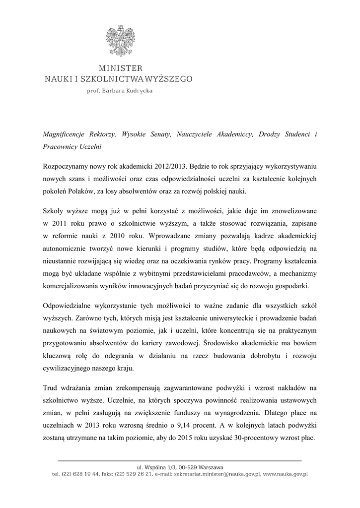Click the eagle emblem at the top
pyautogui.click(x=119, y=40)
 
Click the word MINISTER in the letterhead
pyautogui.click(x=119, y=68)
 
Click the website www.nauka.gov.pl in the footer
pyautogui.click(x=285, y=475)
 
